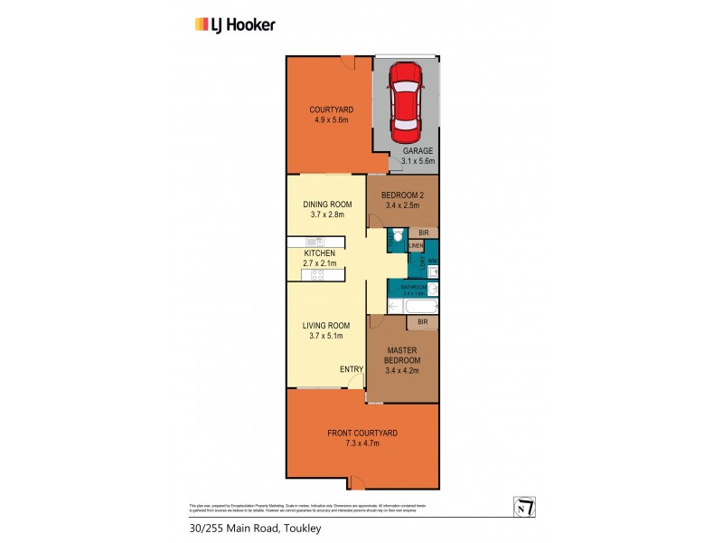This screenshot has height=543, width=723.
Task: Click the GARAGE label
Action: point(418,151)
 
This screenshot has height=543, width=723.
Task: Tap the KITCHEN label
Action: point(320,252)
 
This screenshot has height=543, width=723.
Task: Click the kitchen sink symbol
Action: point(314,241)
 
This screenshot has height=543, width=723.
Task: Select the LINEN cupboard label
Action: point(416,245)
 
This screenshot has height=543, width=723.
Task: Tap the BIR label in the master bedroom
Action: point(421,321)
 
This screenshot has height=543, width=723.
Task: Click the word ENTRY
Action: point(351,368)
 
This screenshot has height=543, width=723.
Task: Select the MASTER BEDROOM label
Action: point(400,356)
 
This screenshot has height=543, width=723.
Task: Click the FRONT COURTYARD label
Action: point(361,433)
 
